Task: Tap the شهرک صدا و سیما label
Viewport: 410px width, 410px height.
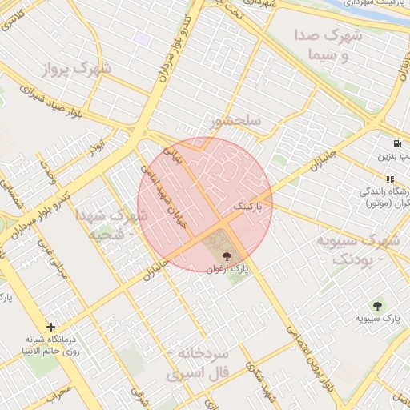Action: click(x=328, y=46)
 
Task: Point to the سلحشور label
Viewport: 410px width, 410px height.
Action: click(x=235, y=122)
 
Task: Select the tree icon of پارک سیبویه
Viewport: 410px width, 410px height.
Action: click(x=377, y=305)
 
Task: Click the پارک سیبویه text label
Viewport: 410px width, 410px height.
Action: click(x=378, y=320)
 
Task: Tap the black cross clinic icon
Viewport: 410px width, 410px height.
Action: click(x=52, y=327)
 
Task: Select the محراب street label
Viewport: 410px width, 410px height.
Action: click(x=58, y=393)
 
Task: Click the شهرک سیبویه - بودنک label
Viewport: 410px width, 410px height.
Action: click(x=357, y=249)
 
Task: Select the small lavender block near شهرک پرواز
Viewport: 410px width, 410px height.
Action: click(x=143, y=38)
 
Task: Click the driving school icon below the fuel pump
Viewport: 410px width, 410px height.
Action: click(x=390, y=180)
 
